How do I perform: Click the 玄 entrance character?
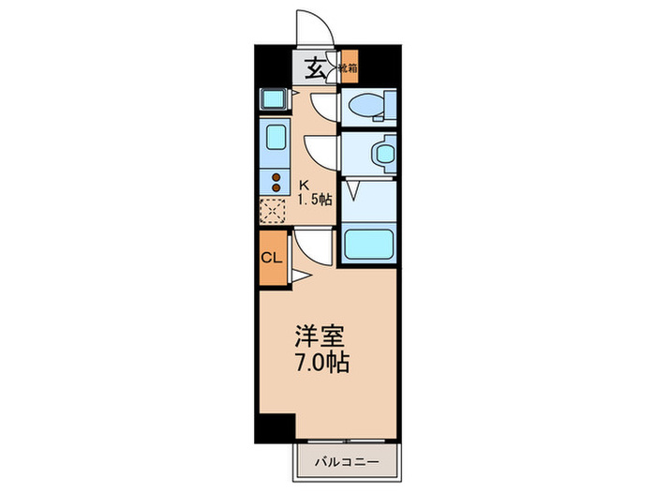click(x=317, y=67)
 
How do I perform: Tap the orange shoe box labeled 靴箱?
click(x=348, y=67)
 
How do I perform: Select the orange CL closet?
click(x=272, y=257)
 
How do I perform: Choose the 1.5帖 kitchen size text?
click(x=315, y=200)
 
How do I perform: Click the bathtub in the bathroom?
click(x=368, y=246)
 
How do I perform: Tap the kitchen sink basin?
click(x=276, y=138)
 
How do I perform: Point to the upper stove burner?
click(x=276, y=175)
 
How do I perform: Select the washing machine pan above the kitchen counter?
click(x=274, y=99)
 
